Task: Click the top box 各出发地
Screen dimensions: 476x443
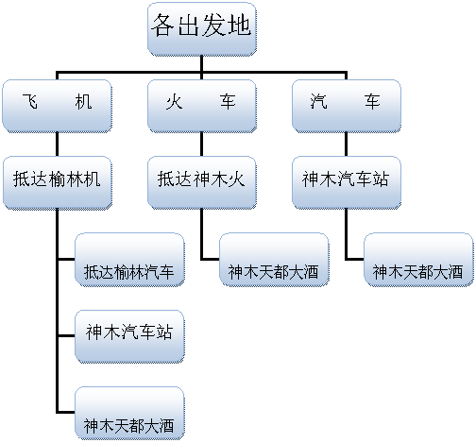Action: point(202,29)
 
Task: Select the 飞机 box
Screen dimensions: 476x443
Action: point(57,106)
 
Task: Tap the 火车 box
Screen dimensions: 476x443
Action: point(202,106)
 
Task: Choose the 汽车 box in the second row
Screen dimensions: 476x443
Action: point(347,106)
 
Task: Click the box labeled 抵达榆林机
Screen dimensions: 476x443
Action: point(58,182)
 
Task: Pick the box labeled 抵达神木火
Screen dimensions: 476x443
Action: point(202,182)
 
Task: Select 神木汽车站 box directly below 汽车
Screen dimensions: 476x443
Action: point(347,182)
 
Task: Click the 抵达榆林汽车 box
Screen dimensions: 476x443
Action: point(129,260)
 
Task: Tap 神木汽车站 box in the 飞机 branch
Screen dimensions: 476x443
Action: point(129,336)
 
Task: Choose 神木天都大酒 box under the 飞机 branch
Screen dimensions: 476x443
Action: point(129,414)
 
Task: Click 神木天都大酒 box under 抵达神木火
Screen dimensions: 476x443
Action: point(274,260)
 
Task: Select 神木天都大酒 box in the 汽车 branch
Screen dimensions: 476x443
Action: point(418,260)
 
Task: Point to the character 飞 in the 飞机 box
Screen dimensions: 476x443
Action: point(30,101)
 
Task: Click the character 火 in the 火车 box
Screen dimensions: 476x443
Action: point(175,101)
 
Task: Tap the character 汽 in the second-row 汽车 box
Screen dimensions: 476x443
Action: point(319,101)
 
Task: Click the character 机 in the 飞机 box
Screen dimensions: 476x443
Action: point(83,101)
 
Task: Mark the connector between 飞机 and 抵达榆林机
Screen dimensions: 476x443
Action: point(57,145)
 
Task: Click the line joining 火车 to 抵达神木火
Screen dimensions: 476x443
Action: point(202,145)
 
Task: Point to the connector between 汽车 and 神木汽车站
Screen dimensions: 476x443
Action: point(347,145)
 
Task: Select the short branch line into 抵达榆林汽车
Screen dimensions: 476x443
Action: point(66,260)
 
